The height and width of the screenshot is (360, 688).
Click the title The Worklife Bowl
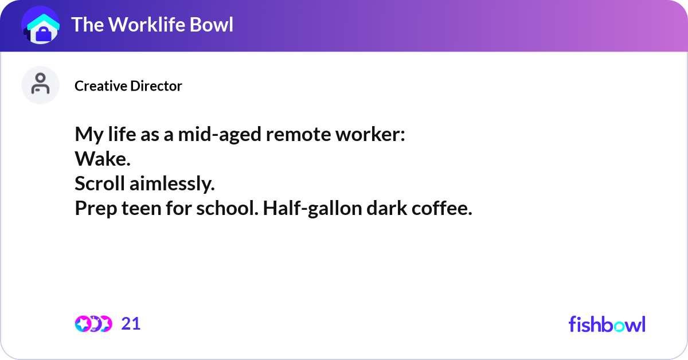(x=153, y=25)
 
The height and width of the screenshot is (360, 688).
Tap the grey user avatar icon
(x=40, y=85)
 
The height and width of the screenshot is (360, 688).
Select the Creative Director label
(x=128, y=86)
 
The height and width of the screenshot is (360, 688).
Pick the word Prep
(x=95, y=209)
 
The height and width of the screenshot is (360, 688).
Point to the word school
(x=228, y=209)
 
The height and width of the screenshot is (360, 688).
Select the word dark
(x=379, y=209)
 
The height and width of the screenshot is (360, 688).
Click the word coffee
(x=442, y=209)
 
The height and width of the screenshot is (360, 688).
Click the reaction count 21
(x=131, y=324)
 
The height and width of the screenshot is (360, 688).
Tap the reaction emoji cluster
(x=93, y=324)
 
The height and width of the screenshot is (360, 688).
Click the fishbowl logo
(x=607, y=324)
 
